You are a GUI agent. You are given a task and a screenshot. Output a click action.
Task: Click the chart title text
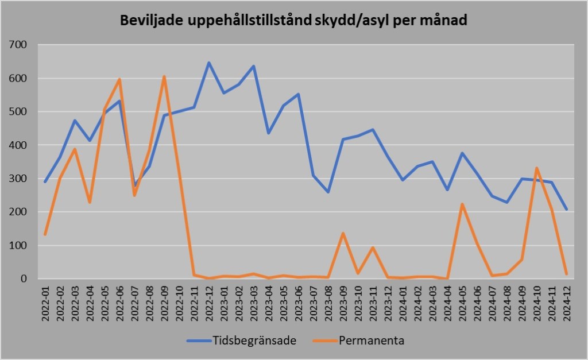tap(293, 21)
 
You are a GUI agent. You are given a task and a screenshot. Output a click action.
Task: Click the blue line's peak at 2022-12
tap(209, 63)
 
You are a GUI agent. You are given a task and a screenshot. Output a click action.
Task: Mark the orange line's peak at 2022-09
tap(164, 76)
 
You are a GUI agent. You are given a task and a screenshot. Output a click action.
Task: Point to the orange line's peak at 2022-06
tap(119, 79)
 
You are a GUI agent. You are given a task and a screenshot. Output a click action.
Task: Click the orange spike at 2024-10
tap(537, 168)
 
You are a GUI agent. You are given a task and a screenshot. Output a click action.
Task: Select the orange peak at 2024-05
tap(462, 204)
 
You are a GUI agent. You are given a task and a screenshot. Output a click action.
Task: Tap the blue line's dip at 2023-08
tap(328, 192)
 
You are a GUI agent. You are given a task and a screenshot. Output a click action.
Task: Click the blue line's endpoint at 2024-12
tap(567, 209)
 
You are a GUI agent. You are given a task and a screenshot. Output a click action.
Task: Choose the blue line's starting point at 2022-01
tap(45, 181)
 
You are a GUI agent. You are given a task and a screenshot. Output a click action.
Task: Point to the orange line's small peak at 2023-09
tap(343, 233)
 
